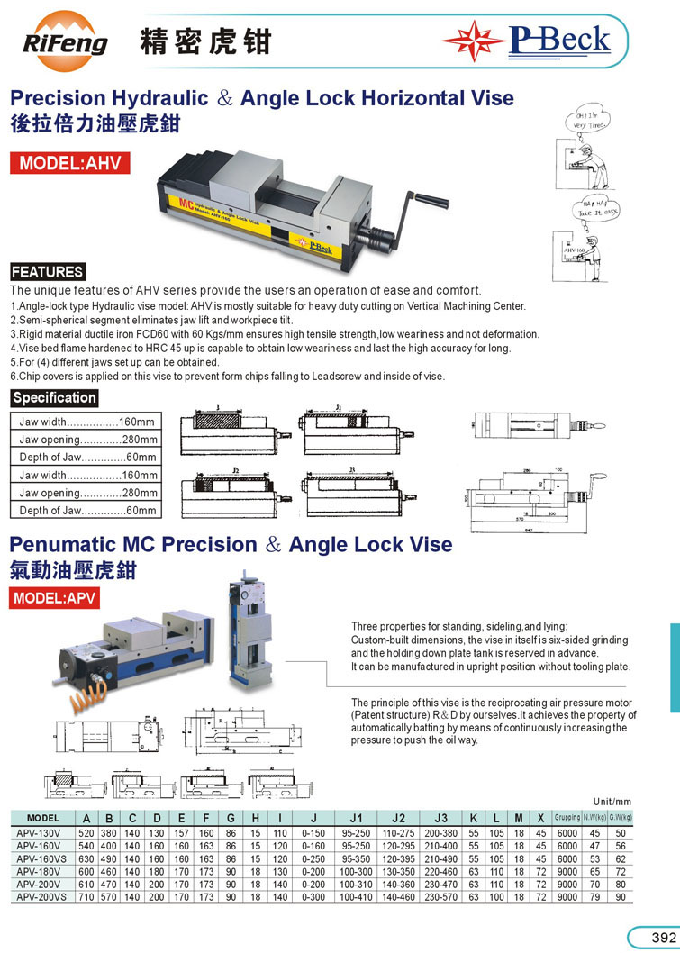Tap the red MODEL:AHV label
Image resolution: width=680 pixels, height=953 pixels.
pos(69,163)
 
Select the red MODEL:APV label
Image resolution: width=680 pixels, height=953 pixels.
pos(54,598)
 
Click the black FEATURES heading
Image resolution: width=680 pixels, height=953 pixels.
pos(47,272)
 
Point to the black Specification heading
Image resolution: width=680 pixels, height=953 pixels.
pos(53,397)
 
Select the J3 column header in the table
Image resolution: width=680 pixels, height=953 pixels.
pos(441,818)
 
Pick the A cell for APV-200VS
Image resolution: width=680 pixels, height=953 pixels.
pos(86,898)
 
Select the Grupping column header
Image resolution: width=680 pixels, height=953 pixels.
pos(567,818)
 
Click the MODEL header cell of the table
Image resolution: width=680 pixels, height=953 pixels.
pos(43,818)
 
